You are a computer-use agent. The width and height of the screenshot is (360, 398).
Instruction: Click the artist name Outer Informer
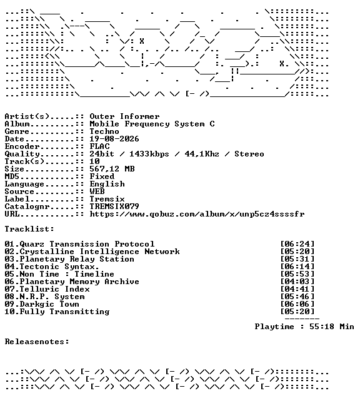coord(124,116)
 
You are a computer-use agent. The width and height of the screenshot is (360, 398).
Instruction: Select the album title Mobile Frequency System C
coord(152,124)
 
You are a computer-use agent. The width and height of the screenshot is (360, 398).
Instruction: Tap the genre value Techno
coord(104,131)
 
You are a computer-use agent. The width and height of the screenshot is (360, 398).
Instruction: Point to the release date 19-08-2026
coord(114,139)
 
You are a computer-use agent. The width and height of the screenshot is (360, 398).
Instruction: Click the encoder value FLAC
coord(99,146)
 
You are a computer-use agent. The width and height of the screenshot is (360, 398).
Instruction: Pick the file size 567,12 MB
coord(112,169)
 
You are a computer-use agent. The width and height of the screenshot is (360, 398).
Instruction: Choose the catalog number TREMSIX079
coord(114,207)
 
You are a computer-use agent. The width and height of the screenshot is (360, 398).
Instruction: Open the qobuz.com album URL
coord(197,214)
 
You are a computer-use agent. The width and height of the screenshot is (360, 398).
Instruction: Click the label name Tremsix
coord(107,199)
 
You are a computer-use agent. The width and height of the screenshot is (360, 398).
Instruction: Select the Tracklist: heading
coord(29,229)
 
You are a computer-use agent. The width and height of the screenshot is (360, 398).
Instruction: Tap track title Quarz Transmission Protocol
coord(87,244)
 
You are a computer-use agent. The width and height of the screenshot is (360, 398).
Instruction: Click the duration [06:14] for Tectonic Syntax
coord(297,267)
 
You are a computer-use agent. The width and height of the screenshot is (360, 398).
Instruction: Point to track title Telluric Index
coord(54,289)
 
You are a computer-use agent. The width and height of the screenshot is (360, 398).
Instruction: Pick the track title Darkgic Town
coord(49,304)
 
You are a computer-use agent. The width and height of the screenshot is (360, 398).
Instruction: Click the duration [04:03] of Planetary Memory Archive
coord(297,282)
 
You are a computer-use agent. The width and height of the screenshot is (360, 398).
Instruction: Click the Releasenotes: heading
coord(37,342)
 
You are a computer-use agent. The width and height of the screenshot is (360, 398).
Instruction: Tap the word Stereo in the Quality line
coord(249,154)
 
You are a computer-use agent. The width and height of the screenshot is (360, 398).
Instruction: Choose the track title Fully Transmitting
coord(64,312)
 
